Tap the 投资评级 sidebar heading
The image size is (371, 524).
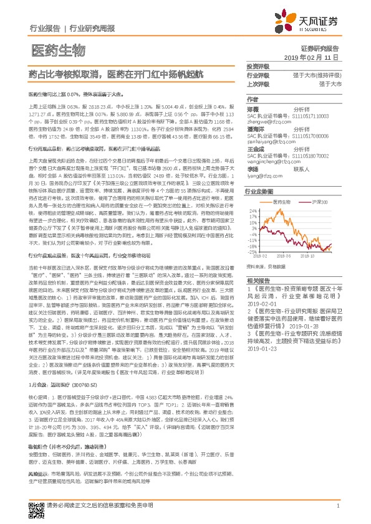258,65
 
